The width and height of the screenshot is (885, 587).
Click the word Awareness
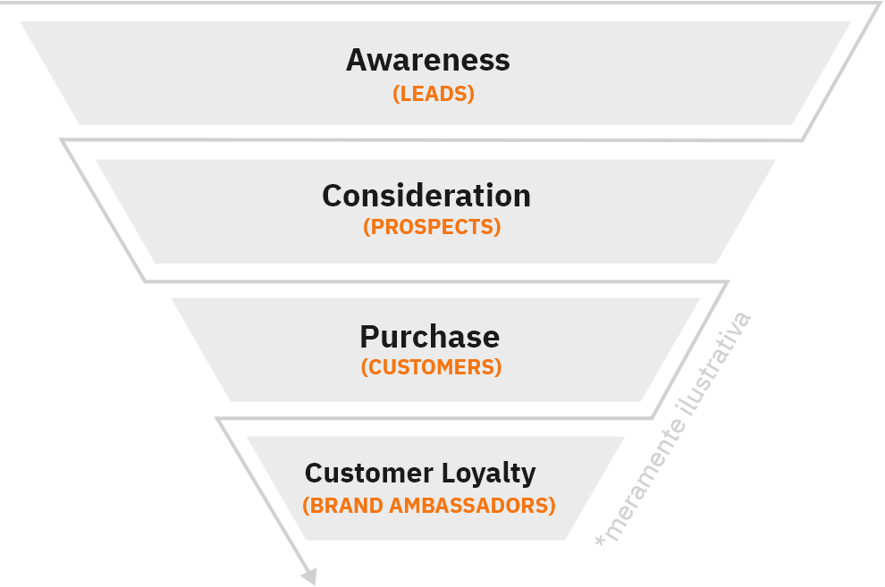(427, 61)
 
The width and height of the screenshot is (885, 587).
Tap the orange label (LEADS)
(434, 94)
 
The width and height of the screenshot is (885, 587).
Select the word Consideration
(426, 196)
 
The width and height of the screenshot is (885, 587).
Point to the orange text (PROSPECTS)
(432, 227)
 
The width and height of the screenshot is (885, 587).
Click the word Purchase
(429, 337)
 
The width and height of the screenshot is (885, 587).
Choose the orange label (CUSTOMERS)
(431, 367)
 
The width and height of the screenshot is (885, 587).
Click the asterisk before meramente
(601, 541)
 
